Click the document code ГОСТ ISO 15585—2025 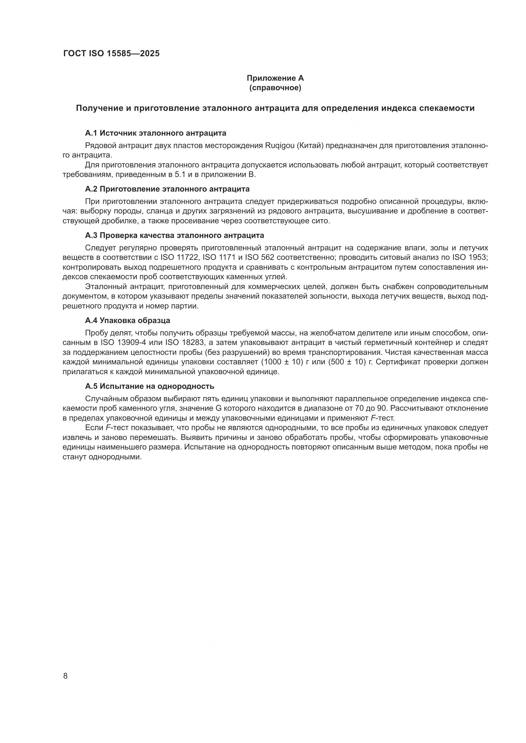111,53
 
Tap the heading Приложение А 275,78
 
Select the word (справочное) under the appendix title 275,88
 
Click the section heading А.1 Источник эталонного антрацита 156,133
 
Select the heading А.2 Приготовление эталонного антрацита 167,189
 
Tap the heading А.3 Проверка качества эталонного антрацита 174,235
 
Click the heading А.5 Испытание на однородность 149,386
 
